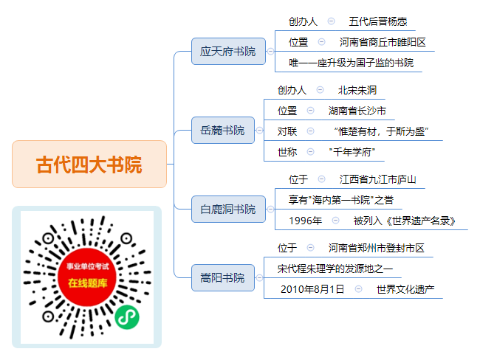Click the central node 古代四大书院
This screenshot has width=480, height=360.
[x=89, y=165]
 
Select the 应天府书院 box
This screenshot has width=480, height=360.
[x=228, y=52]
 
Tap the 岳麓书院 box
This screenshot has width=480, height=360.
[x=223, y=131]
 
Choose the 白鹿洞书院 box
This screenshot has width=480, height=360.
[x=228, y=210]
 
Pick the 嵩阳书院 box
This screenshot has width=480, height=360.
[x=223, y=277]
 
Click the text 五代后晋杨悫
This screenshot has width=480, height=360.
[x=378, y=21]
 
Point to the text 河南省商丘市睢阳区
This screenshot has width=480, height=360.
[x=383, y=42]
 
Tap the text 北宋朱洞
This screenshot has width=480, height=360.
[x=357, y=90]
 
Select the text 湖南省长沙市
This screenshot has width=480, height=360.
[x=357, y=111]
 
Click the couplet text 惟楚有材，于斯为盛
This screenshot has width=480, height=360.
[x=382, y=131]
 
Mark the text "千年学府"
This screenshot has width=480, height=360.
[x=352, y=152]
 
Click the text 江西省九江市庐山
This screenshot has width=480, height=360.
[x=378, y=179]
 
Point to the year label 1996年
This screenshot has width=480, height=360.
[x=306, y=221]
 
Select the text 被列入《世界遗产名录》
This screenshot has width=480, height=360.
[x=405, y=221]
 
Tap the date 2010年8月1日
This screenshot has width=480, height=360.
[x=312, y=289]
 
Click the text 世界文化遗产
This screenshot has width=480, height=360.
[x=405, y=289]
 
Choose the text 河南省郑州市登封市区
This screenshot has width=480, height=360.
[x=377, y=248]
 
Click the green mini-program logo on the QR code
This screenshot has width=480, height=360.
[x=127, y=317]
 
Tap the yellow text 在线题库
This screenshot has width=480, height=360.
[x=88, y=283]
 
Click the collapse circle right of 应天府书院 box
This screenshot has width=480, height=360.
[x=270, y=52]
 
